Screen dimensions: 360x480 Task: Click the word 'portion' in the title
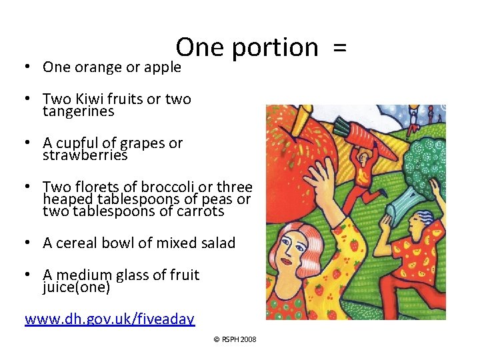(275, 48)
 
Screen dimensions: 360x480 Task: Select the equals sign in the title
(339, 48)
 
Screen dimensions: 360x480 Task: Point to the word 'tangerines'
(78, 112)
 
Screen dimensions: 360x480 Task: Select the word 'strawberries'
(85, 156)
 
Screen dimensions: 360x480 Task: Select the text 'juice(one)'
(76, 288)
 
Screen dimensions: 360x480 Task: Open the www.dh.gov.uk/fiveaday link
(109, 319)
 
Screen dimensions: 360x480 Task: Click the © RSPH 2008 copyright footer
(235, 339)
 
